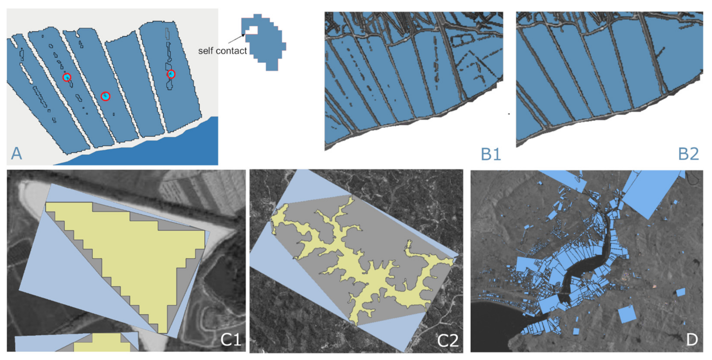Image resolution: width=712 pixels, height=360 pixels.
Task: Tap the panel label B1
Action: pos(491,154)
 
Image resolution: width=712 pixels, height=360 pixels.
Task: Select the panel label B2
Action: pos(688,154)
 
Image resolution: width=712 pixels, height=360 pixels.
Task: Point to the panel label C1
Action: pos(231,340)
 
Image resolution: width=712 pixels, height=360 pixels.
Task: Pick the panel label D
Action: pos(692,340)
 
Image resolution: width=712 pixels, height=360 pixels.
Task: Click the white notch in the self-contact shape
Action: pos(252,30)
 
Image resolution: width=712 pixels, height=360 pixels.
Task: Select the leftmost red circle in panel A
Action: pos(67,77)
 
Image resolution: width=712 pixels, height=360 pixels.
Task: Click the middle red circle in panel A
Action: pos(105,96)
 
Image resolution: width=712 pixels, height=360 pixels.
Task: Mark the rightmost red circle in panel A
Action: pos(171,74)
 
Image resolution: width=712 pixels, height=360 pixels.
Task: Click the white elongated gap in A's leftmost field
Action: pos(26,73)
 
